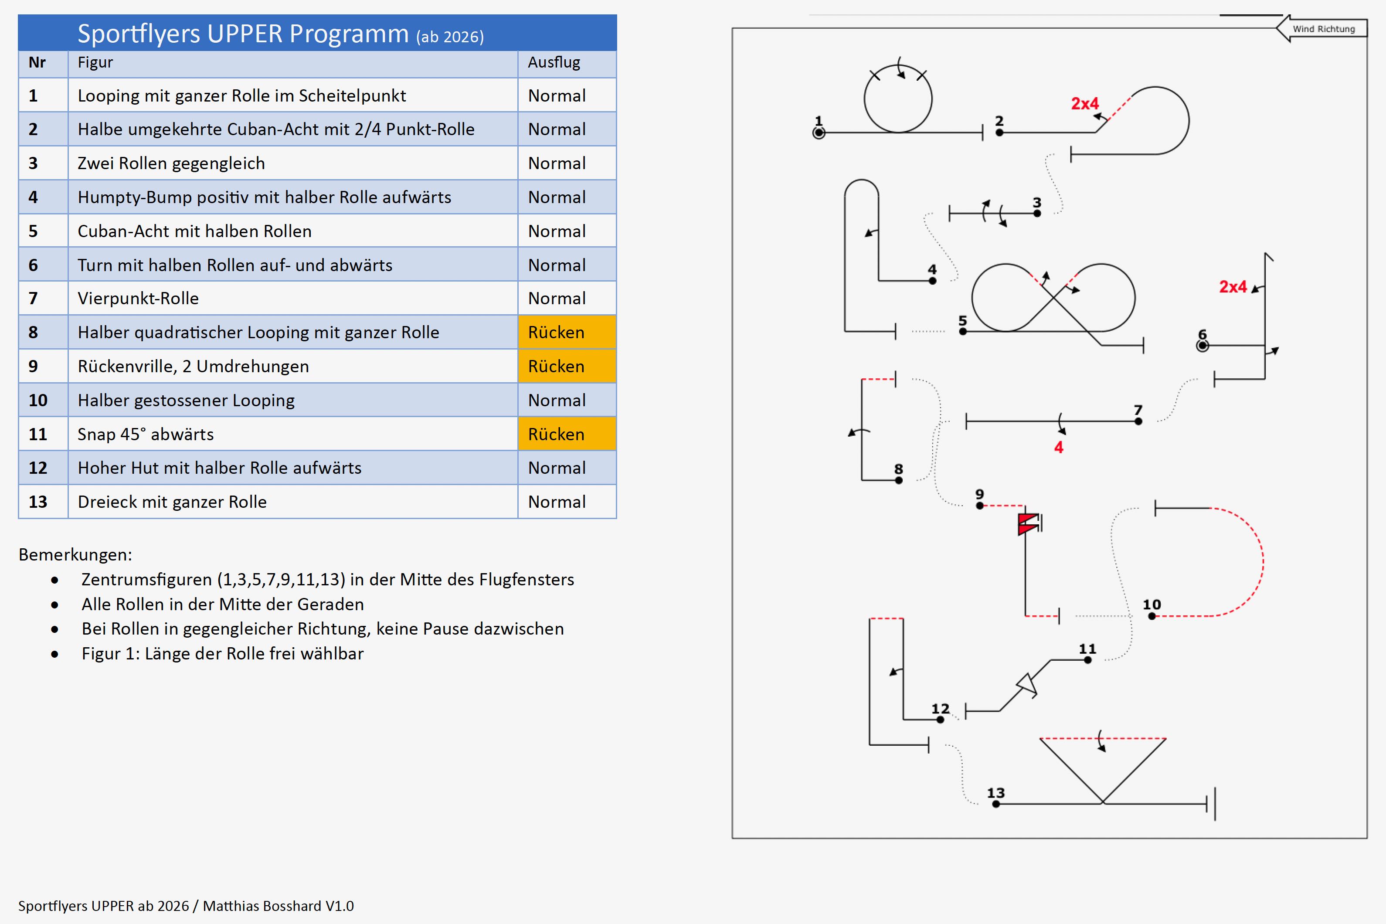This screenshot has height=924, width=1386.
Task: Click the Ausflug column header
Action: (554, 62)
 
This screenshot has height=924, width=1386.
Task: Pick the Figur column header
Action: (95, 62)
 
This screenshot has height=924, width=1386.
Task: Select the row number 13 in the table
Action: (38, 502)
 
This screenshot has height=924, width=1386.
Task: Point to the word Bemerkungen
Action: (75, 554)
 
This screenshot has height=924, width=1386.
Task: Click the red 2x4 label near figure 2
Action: (1084, 104)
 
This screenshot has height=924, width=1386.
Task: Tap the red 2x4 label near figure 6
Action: (1233, 287)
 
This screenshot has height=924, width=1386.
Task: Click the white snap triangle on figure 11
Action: (1026, 685)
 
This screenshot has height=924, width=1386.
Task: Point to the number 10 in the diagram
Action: (1152, 605)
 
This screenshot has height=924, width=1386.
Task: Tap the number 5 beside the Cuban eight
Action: (962, 321)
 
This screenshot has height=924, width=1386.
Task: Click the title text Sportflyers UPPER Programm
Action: (243, 34)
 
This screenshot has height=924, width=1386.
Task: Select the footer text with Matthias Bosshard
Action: (186, 906)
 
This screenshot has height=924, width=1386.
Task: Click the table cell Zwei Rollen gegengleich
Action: (171, 163)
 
